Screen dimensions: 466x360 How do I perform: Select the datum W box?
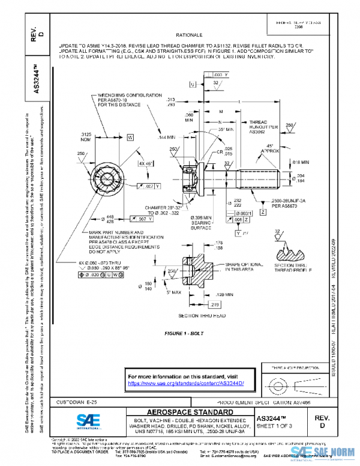pyautogui.click(x=130, y=138)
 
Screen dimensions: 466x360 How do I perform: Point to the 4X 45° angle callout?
pyautogui.click(x=143, y=163)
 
